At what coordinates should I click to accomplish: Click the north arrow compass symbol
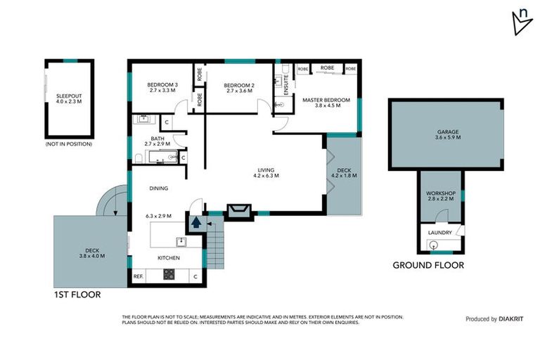point(521,22)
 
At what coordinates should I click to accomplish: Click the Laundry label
point(441,232)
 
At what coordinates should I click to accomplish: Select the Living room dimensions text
point(265,176)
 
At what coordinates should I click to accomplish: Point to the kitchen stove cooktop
point(169,276)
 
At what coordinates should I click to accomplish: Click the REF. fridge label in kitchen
point(138,276)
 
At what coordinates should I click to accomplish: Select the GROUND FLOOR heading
point(427,265)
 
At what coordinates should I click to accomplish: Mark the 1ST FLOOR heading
point(77,295)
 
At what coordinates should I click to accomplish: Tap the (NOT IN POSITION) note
point(68,144)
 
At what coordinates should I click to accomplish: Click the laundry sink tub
point(433,245)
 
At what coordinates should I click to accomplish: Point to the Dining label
point(159,188)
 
